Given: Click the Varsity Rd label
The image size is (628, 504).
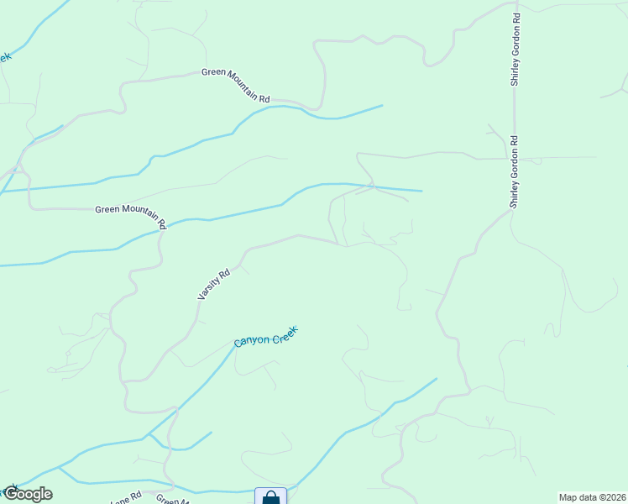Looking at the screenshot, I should (x=213, y=285).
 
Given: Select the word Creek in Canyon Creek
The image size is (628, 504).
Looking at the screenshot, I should (x=283, y=333).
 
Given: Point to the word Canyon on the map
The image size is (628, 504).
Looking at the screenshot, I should (x=251, y=340).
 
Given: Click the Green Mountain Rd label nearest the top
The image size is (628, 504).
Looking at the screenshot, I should (x=235, y=86).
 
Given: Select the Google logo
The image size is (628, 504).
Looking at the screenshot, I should (x=28, y=494).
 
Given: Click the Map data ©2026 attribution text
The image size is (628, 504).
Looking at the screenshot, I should (x=592, y=497).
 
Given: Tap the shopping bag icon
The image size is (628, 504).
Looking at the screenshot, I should (x=270, y=497).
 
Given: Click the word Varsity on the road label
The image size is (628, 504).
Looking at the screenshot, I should (x=207, y=291).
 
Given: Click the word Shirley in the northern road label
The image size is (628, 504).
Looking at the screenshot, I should (x=516, y=71).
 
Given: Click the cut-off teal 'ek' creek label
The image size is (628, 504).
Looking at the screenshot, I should (x=5, y=57).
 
